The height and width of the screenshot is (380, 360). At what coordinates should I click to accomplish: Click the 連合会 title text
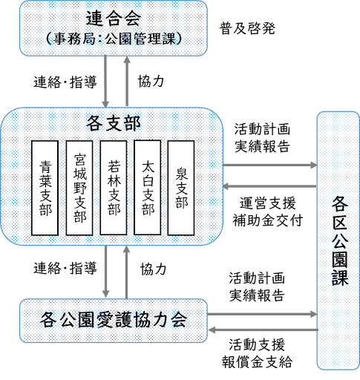(114, 18)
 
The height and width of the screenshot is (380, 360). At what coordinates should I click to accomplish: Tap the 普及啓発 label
(247, 28)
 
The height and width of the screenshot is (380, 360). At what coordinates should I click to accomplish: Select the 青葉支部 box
(45, 188)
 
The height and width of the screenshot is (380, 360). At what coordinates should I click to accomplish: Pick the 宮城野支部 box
(79, 188)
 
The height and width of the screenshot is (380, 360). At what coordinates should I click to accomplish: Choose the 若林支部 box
(114, 188)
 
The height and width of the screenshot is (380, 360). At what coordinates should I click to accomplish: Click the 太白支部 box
(148, 187)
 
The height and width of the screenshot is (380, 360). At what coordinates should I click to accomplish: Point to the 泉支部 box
(181, 188)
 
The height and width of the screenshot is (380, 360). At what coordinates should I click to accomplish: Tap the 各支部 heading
(114, 123)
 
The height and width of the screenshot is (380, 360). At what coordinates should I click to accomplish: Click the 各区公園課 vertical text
(340, 240)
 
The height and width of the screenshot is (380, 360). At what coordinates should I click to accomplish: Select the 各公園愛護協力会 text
(114, 320)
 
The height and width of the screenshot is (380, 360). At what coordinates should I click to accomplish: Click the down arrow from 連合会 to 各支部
(105, 81)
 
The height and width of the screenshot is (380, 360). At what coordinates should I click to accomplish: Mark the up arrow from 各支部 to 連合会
(127, 81)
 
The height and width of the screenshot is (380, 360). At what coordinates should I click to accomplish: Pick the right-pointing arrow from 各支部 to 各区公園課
(270, 165)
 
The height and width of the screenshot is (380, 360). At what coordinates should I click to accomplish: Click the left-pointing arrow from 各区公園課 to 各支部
(269, 186)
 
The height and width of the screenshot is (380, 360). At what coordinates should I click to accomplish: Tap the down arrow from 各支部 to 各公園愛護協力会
(105, 272)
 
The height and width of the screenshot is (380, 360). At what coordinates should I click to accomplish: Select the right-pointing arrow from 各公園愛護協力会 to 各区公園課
(262, 314)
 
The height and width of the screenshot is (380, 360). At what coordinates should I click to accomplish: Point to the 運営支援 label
(267, 203)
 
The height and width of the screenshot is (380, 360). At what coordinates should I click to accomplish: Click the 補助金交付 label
(267, 220)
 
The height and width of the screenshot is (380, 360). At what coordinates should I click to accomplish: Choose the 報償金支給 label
(257, 362)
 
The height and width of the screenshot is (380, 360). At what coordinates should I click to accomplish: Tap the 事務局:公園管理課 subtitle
(114, 39)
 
